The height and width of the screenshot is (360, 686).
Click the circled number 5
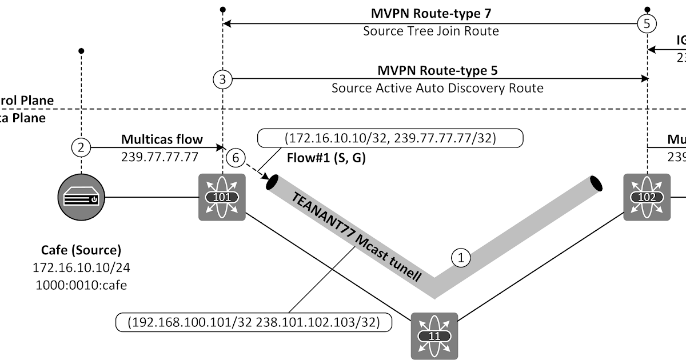pos(647,24)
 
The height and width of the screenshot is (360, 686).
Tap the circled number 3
pos(222,80)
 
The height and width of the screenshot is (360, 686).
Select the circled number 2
pos(81,147)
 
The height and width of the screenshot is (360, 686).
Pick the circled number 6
pos(234,157)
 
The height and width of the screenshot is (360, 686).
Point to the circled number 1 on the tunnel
pos(461,258)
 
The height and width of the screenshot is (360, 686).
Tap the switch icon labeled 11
pos(434,335)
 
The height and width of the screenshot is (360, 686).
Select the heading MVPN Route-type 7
pos(431,13)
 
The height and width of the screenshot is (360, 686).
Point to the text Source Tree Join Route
pos(431,31)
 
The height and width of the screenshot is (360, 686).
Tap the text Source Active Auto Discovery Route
pos(437,88)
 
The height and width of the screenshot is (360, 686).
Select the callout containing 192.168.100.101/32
pos(254,322)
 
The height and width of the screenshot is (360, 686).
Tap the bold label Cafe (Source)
pos(81,250)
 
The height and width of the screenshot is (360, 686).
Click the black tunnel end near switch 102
pos(595,184)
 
